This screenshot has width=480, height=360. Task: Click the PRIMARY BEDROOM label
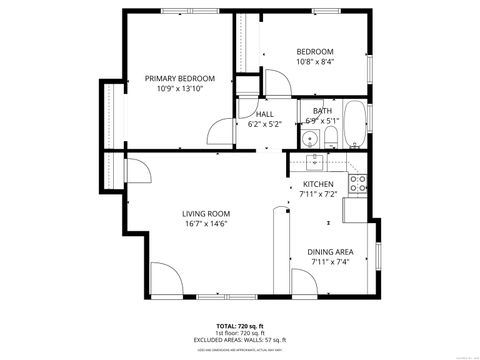[180, 78]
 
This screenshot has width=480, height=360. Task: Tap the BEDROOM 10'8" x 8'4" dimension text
[315, 62]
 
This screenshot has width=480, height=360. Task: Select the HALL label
[264, 114]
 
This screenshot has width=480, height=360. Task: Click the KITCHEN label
[319, 184]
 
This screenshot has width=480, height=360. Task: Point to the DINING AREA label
[329, 252]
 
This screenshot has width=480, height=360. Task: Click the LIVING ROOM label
[206, 213]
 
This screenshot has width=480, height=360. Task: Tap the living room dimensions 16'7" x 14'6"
[206, 224]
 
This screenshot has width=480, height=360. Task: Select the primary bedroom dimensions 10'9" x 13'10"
[180, 89]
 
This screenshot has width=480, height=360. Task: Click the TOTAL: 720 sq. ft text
[240, 326]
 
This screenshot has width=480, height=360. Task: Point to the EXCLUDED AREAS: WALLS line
[240, 340]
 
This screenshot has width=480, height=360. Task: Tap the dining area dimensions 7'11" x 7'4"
[329, 262]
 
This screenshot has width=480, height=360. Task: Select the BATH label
[322, 111]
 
